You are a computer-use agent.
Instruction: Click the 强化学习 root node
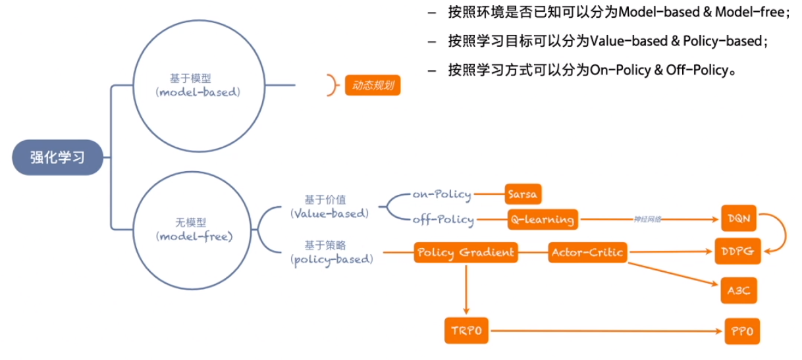pos(58,157)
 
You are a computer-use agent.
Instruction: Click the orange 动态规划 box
pos(373,86)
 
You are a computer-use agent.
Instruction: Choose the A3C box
pos(738,290)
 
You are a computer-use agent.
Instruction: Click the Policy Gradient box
pos(466,252)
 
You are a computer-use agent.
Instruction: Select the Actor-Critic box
pos(587,252)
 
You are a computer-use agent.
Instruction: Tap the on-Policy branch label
pos(442,194)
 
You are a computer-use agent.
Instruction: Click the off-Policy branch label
pos(443,219)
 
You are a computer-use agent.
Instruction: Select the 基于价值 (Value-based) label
pos(329,205)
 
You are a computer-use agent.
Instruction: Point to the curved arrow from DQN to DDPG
pos(781,234)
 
